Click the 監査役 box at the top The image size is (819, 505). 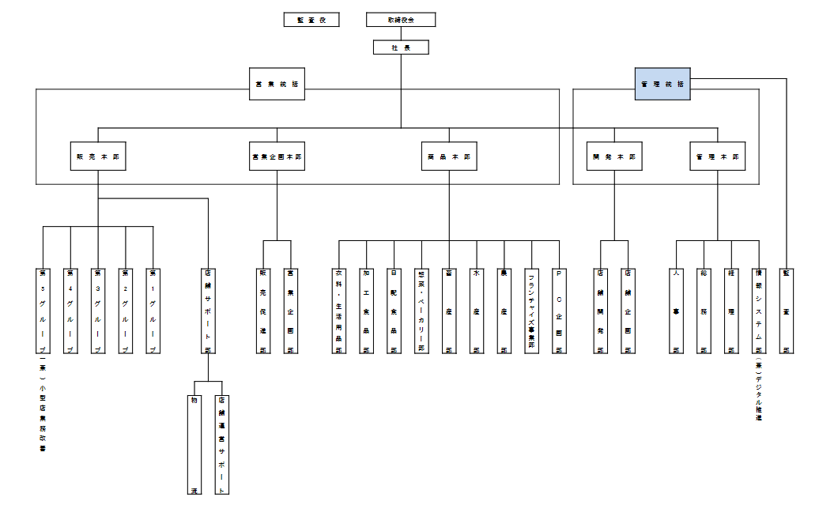click(311, 20)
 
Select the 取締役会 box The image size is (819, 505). click(401, 20)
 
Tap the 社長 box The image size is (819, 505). click(401, 47)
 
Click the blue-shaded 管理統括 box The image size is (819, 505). click(662, 85)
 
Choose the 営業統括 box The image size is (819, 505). click(277, 85)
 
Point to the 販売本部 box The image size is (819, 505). click(98, 157)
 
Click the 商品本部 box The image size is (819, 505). click(448, 157)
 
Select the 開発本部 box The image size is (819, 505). click(613, 157)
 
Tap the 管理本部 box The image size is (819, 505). click(718, 157)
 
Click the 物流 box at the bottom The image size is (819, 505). click(193, 445)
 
